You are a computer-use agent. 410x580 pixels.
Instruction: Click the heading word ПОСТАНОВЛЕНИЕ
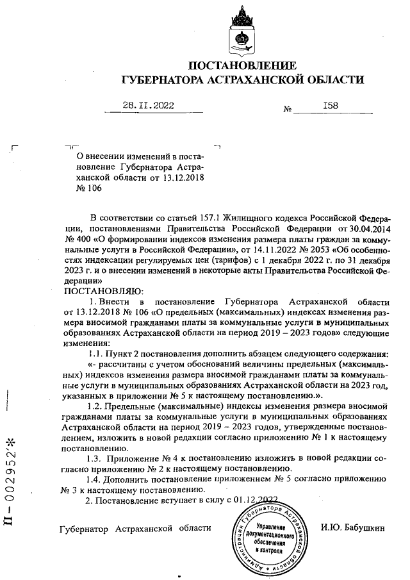pyautogui.click(x=243, y=65)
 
